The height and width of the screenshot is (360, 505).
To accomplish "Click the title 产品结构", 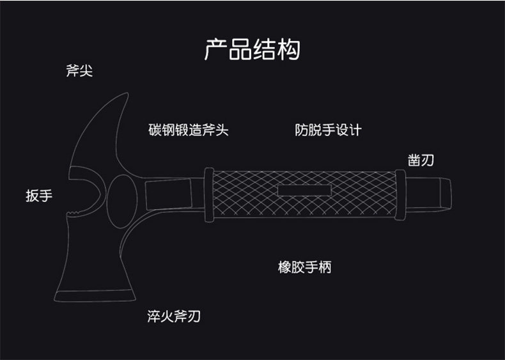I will point(252,49).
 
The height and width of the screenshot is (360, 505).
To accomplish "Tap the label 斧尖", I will point(79,70).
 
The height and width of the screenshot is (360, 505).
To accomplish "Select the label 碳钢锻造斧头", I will point(188,130).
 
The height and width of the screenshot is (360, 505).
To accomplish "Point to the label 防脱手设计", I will point(328,130).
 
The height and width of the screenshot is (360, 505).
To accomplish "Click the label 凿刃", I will point(421,160).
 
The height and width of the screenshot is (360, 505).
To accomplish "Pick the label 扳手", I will point(38,196).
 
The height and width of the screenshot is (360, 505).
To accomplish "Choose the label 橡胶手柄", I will point(304,267).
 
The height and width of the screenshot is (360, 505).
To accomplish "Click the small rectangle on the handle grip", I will point(304,191).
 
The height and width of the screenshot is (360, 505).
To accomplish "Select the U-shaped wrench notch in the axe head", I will point(86,192).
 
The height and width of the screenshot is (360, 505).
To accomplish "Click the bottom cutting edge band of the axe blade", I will point(97,296).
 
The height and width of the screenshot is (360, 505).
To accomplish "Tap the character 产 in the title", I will point(216,49).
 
